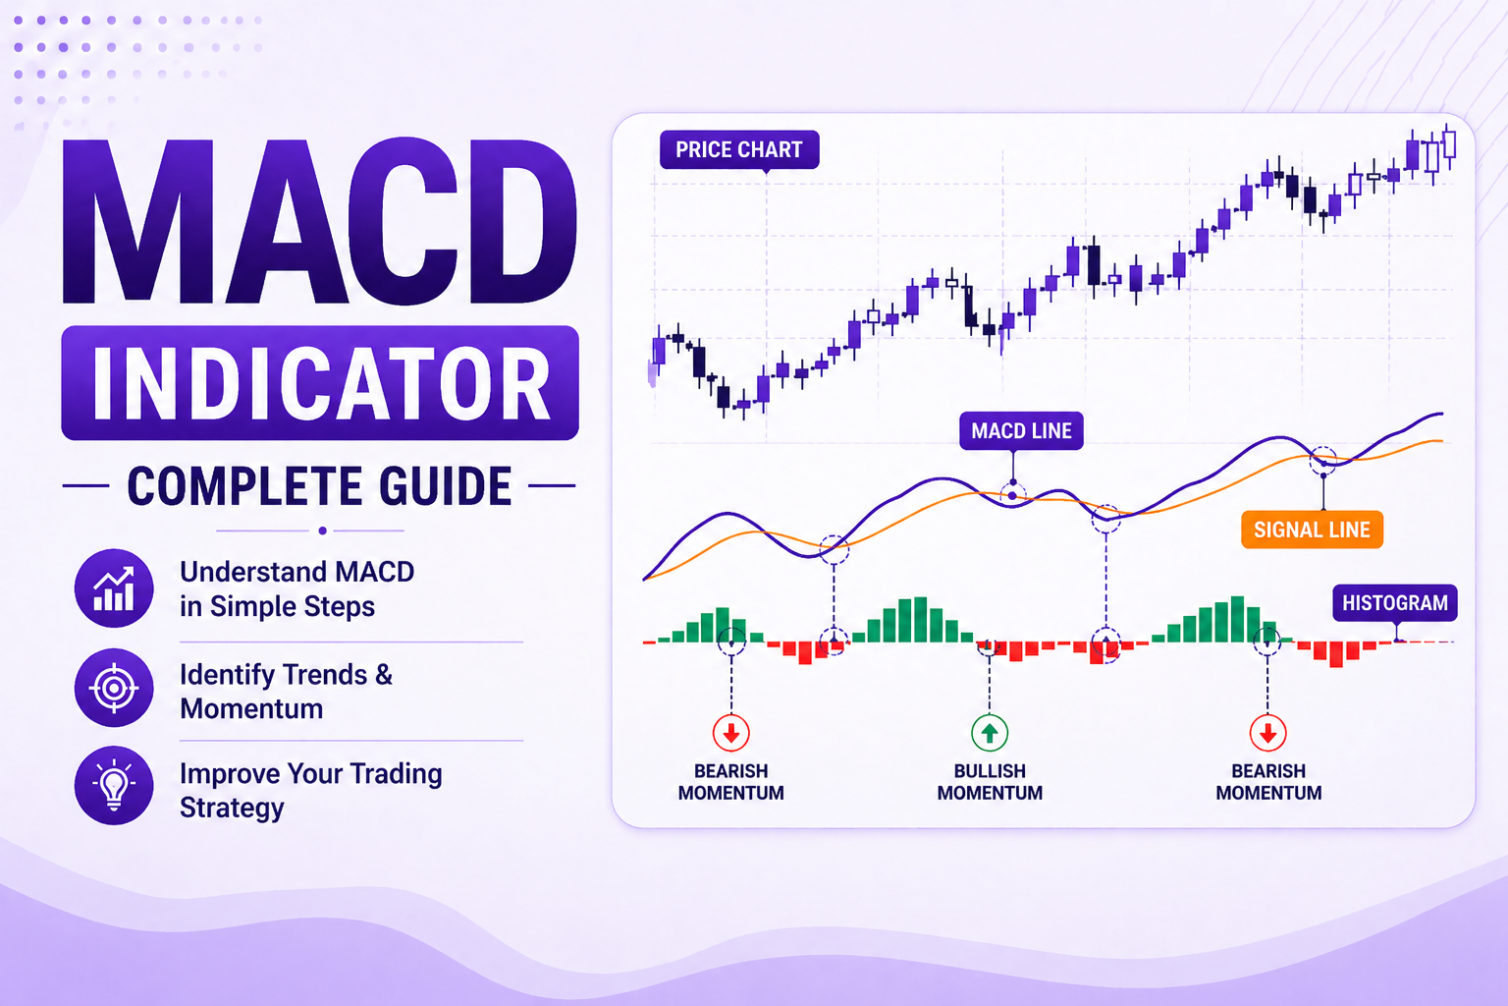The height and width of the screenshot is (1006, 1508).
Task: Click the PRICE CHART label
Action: pos(738,149)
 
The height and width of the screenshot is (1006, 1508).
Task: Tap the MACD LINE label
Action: pos(1021,430)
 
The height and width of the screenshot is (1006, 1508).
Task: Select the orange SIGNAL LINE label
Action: pos(1312,530)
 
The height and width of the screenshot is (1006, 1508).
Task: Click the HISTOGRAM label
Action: pos(1394,602)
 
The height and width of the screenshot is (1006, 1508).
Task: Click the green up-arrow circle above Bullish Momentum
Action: pos(990,733)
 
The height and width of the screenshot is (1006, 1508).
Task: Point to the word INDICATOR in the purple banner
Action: pos(320,383)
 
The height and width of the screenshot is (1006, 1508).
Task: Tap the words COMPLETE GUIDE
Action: pos(320,486)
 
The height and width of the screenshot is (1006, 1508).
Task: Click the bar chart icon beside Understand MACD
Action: pos(114,588)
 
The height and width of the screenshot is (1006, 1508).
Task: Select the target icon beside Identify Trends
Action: pos(114,688)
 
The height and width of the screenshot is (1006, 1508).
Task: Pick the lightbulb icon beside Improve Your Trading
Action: pos(114,785)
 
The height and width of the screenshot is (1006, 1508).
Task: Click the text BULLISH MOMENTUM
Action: pos(990,782)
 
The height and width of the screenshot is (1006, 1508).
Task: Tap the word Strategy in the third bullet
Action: pos(232,808)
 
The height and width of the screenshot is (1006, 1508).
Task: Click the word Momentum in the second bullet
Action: pos(251,709)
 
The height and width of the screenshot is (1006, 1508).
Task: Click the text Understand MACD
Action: pos(296,572)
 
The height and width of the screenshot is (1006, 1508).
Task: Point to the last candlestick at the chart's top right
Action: pos(1450,145)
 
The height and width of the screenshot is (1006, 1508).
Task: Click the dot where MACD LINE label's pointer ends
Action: pos(1013,494)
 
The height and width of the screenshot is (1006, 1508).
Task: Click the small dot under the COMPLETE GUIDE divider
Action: pos(322,531)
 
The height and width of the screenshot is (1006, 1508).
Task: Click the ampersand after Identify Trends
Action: pos(384,675)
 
